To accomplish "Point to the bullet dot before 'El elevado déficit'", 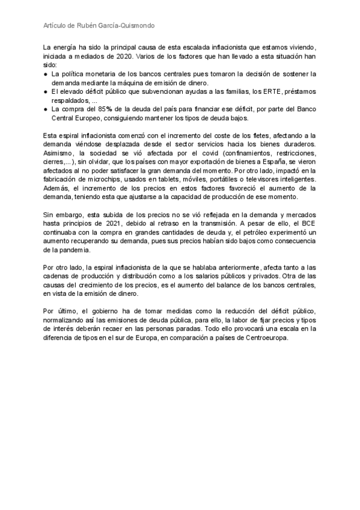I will point(46,91).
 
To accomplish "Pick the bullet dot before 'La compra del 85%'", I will point(46,109).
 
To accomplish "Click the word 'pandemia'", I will point(73,250).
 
